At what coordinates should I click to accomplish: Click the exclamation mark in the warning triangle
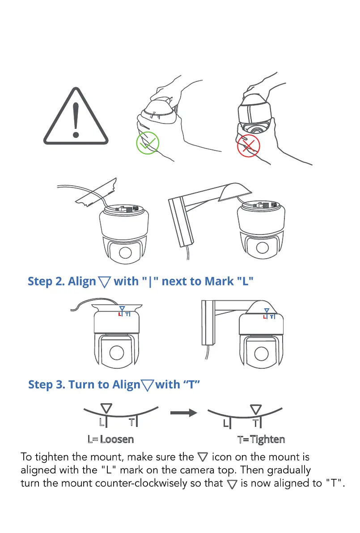click(76, 119)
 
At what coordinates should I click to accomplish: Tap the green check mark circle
click(148, 144)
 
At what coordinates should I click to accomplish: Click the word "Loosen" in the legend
click(117, 439)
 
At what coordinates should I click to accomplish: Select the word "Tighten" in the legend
click(267, 439)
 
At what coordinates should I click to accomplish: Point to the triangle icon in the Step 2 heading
click(105, 282)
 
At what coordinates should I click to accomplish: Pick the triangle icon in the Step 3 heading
click(148, 385)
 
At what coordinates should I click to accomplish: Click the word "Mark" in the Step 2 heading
click(219, 281)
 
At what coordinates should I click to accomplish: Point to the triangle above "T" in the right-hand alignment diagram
click(256, 409)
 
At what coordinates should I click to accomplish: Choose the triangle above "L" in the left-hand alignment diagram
click(106, 408)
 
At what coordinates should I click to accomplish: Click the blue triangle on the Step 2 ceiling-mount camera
click(122, 309)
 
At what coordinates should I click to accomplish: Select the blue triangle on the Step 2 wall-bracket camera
click(267, 310)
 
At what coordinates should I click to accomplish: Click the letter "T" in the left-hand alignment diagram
click(132, 422)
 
